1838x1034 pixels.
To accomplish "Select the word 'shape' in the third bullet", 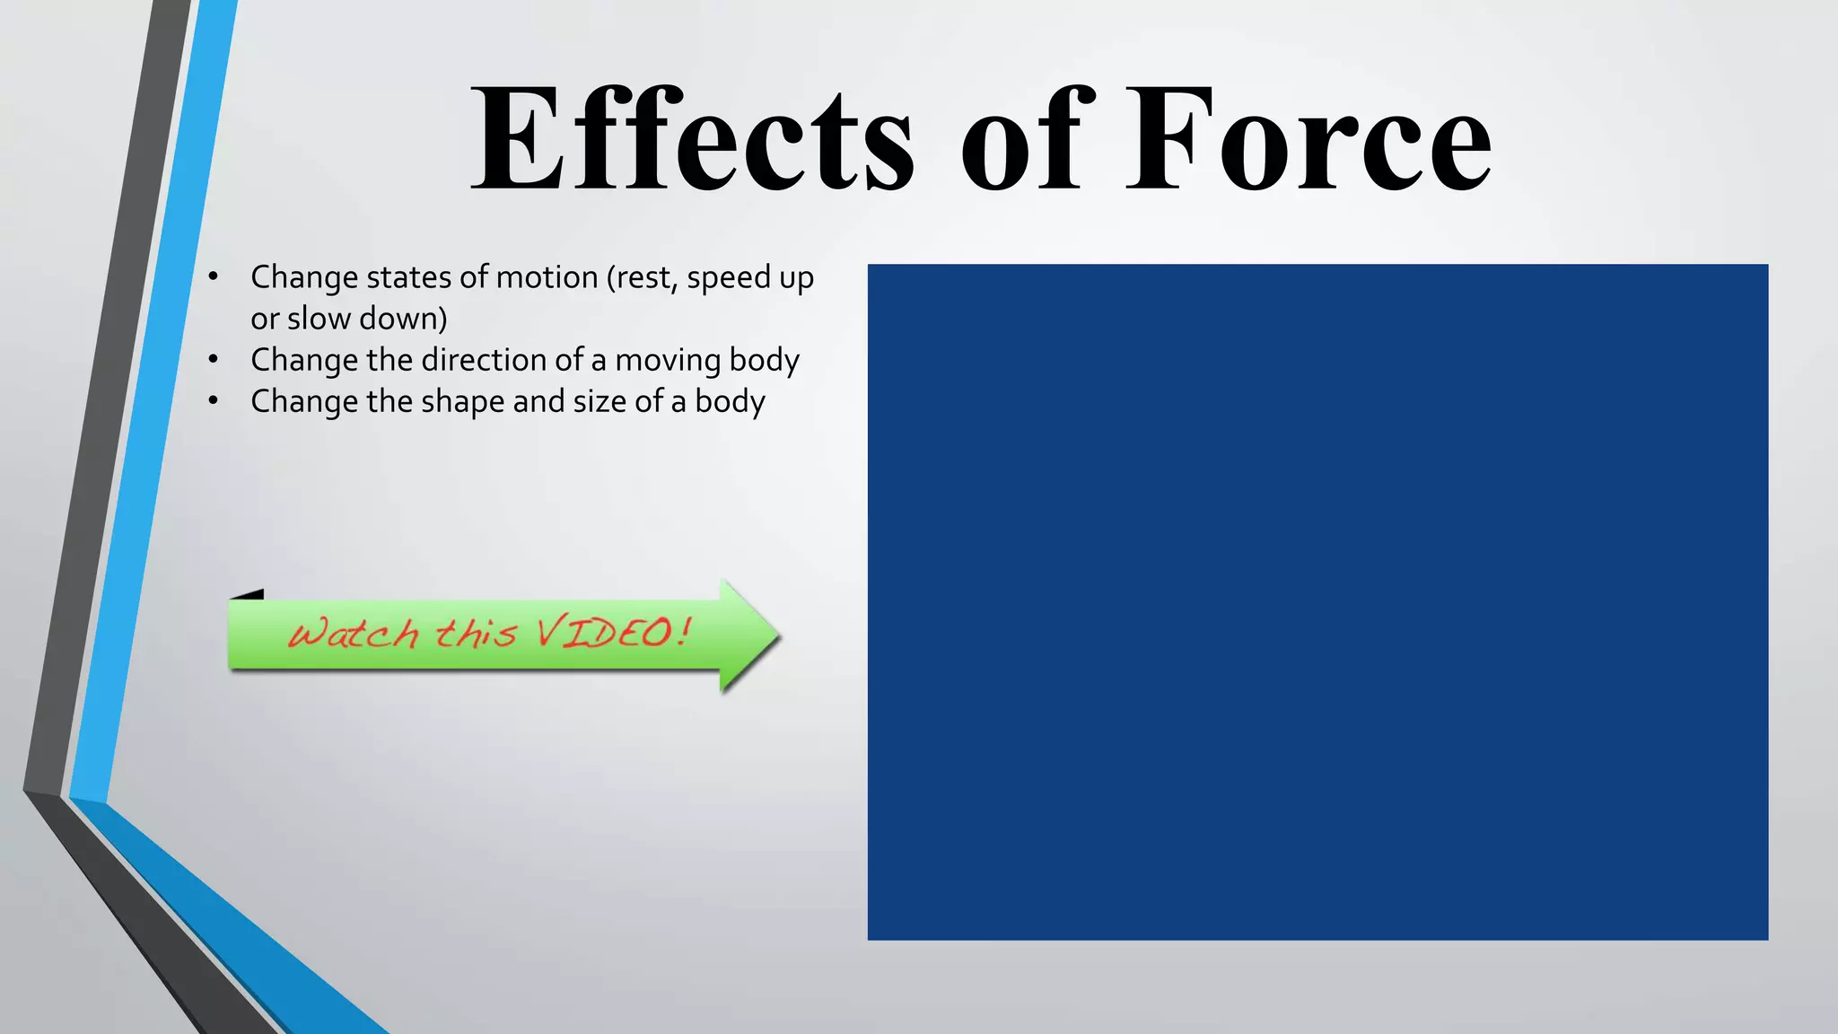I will pos(462,402).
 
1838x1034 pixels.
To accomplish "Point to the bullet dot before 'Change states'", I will pos(213,277).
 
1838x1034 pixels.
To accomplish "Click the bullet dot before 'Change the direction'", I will pos(213,360).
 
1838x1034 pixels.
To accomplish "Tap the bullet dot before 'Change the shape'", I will pos(213,401).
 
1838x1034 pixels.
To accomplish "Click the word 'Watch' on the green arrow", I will pos(354,634).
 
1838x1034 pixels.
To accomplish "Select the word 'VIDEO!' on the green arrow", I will pos(614,632).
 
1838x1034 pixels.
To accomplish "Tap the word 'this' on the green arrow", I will pos(476,633).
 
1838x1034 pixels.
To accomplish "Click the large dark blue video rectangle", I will pos(1317,601).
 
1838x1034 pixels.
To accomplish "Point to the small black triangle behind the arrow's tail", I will pos(249,594).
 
